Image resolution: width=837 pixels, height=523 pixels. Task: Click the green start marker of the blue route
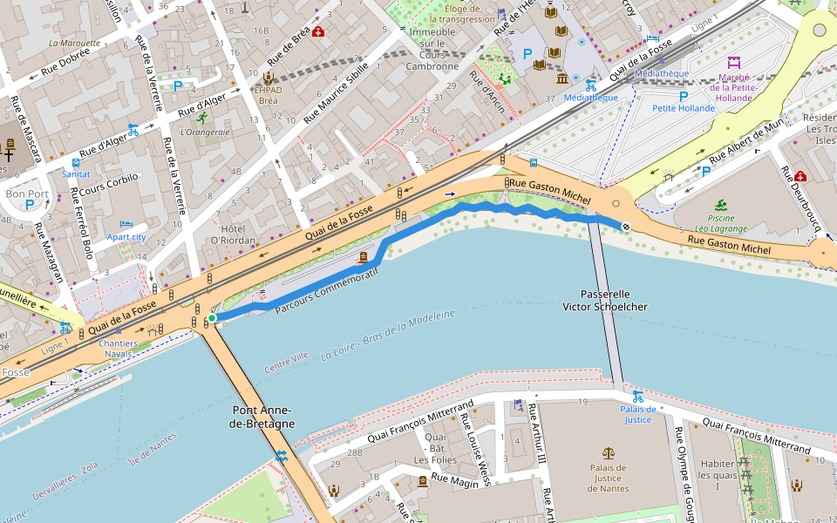click(x=211, y=318)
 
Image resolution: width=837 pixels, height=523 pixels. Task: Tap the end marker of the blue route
click(x=626, y=227)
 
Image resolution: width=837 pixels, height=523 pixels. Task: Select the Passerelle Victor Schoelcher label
click(x=604, y=301)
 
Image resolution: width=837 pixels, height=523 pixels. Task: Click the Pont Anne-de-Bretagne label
click(x=263, y=417)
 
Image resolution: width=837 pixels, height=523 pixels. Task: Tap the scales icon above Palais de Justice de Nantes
click(x=608, y=453)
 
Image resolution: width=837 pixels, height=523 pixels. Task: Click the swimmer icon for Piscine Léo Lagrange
click(x=721, y=206)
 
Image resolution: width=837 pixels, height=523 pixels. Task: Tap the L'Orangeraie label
click(x=204, y=132)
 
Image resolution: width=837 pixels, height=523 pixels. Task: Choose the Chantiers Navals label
click(x=118, y=349)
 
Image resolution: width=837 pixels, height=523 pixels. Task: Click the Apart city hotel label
click(x=126, y=236)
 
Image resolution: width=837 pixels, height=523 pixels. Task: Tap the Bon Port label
click(x=27, y=193)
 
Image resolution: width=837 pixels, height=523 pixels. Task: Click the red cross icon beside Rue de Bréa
click(x=318, y=32)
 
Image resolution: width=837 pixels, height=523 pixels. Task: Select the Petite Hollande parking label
click(x=683, y=109)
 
